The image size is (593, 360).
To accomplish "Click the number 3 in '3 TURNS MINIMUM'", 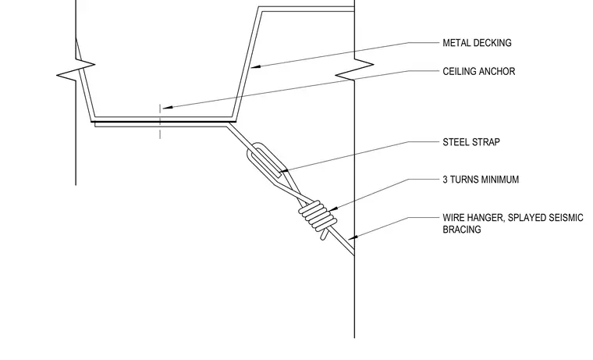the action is click(x=445, y=180).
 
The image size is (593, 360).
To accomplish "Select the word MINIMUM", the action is click(x=499, y=180).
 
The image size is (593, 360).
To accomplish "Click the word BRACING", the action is click(x=462, y=230).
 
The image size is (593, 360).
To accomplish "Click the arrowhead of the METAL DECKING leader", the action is click(x=256, y=67).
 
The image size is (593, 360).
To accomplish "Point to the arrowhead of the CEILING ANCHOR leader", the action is click(x=168, y=108).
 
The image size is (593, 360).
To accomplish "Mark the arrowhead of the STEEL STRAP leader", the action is click(x=283, y=172).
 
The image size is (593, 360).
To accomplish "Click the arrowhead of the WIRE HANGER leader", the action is click(x=353, y=237).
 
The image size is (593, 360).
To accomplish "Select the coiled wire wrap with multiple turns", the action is click(x=318, y=216).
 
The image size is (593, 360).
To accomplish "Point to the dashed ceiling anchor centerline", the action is click(x=160, y=122).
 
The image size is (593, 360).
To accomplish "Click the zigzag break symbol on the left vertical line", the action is click(x=76, y=70).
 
